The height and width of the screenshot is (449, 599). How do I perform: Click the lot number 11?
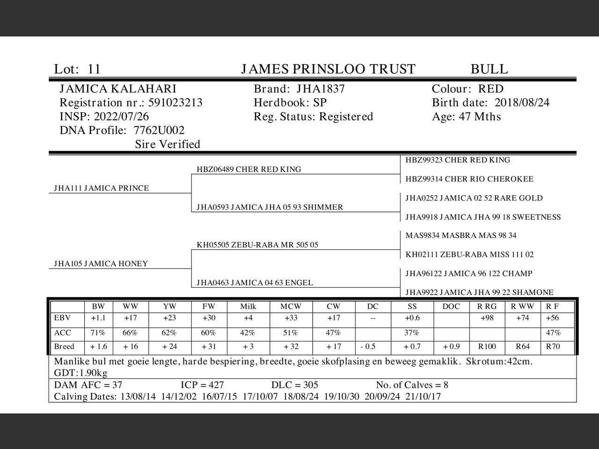[x=94, y=69]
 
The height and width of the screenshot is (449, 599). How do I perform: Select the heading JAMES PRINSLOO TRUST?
[x=328, y=69]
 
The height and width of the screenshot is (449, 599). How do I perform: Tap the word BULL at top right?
[x=489, y=69]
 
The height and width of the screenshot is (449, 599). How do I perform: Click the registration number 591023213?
[x=175, y=103]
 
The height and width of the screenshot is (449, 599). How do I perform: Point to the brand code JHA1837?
[x=321, y=89]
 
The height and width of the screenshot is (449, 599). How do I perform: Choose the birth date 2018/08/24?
[x=522, y=103]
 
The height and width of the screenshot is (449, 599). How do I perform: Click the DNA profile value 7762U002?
[x=159, y=130]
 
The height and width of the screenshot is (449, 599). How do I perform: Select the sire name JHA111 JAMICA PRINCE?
[x=101, y=188]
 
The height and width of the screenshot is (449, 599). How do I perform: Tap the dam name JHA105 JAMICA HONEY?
[x=101, y=264]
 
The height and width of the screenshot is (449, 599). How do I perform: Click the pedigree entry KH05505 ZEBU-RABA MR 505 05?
[x=257, y=245]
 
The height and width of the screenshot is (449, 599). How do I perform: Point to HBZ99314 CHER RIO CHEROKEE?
[x=469, y=179]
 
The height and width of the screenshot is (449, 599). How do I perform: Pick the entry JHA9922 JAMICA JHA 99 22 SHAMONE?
[x=479, y=292]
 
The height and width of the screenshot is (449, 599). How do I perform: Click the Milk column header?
[x=248, y=307]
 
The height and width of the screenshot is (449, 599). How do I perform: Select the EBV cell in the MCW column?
[x=291, y=318]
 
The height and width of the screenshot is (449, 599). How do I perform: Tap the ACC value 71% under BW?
[x=98, y=333]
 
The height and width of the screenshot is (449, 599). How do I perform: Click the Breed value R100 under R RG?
[x=487, y=347]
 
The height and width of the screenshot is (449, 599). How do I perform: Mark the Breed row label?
[x=64, y=347]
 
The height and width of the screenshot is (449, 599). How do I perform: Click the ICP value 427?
[x=215, y=385]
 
